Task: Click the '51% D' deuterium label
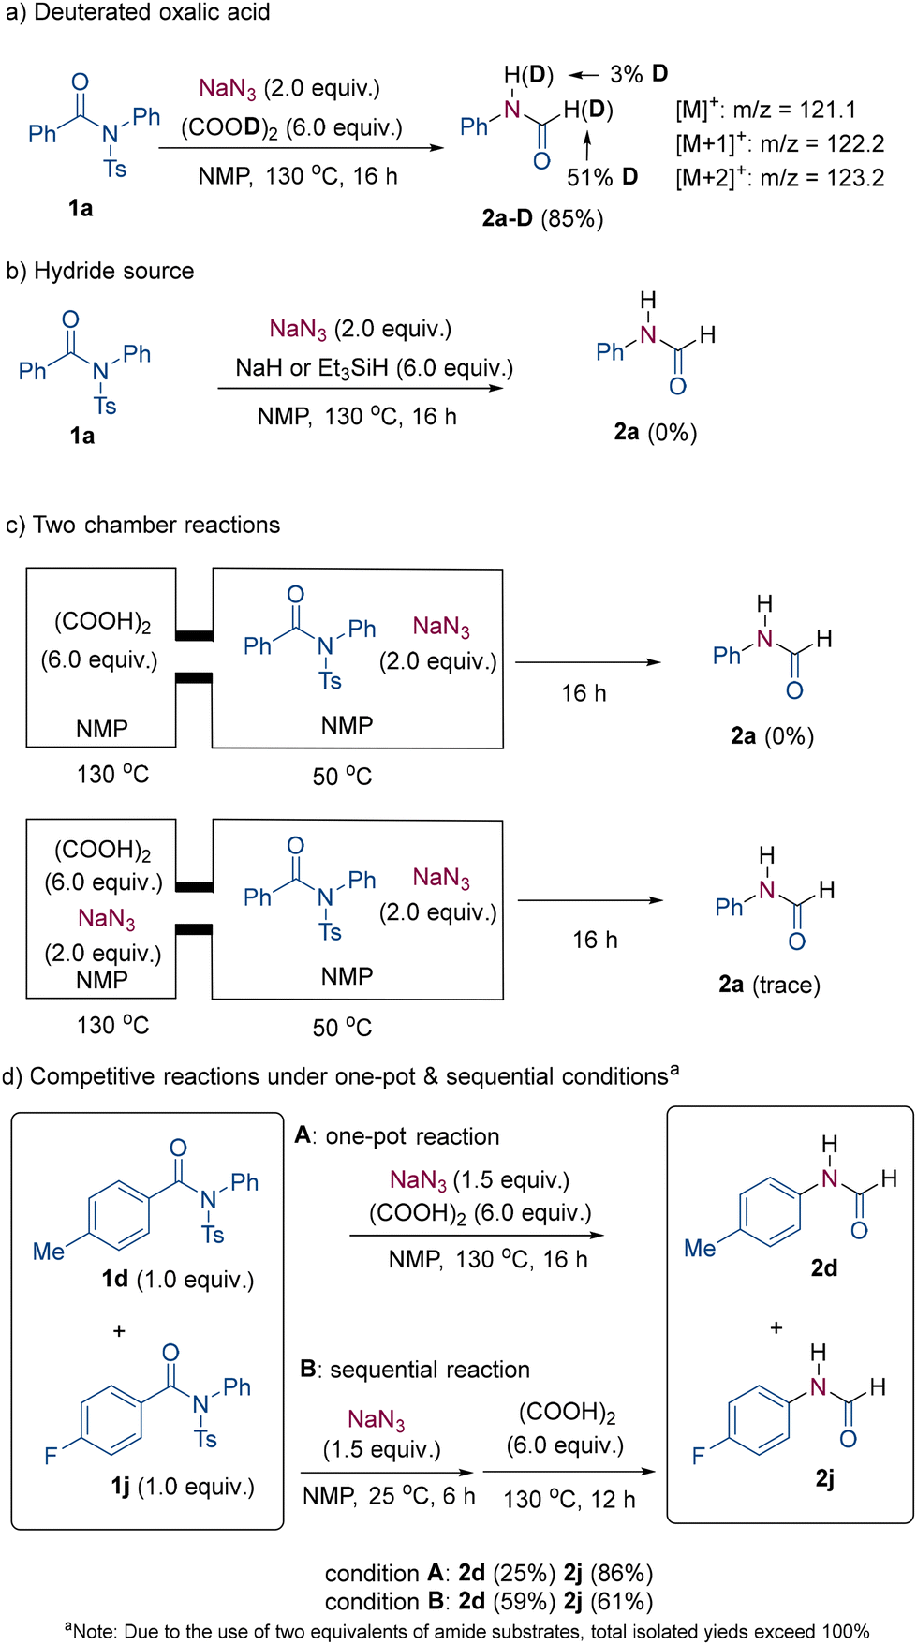[602, 177]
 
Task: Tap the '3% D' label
[639, 74]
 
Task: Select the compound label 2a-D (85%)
[542, 218]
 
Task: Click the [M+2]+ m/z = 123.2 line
[780, 178]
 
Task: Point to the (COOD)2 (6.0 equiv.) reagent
[291, 128]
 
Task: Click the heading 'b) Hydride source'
[100, 271]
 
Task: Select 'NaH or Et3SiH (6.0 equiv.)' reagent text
[375, 368]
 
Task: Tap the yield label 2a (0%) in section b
[656, 432]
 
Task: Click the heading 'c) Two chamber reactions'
[143, 525]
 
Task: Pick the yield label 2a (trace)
[769, 985]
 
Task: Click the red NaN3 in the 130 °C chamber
[107, 919]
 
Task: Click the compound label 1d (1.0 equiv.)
[178, 1280]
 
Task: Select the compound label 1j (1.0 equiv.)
[183, 1487]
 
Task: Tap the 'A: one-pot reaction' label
[397, 1136]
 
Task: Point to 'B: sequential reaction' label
[415, 1370]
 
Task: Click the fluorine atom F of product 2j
[698, 1456]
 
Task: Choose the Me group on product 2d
[700, 1249]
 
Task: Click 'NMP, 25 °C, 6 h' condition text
[389, 1496]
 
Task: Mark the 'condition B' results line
[489, 1602]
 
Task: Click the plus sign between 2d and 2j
[776, 1328]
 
